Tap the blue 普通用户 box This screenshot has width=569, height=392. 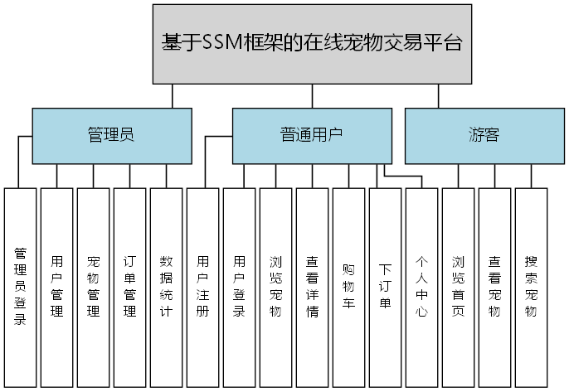(311, 136)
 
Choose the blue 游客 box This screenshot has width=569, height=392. (482, 136)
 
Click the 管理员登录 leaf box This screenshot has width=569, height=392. (20, 286)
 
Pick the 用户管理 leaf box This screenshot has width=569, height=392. (56, 286)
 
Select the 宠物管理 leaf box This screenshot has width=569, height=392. (93, 286)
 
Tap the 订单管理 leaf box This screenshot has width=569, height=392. (129, 286)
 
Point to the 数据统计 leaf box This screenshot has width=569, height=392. (166, 286)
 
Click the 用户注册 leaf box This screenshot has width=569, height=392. (202, 286)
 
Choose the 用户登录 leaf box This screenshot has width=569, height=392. (239, 286)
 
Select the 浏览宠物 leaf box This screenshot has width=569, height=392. (275, 286)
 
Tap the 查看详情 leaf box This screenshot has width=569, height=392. (312, 286)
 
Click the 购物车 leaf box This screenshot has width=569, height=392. (348, 286)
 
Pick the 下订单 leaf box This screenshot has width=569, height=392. (385, 286)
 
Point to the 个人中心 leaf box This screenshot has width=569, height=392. (421, 286)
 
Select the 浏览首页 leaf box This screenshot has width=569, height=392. (458, 286)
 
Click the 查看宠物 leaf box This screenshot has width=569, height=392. (494, 286)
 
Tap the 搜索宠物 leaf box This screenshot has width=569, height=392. (531, 286)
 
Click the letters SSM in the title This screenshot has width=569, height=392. (222, 43)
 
